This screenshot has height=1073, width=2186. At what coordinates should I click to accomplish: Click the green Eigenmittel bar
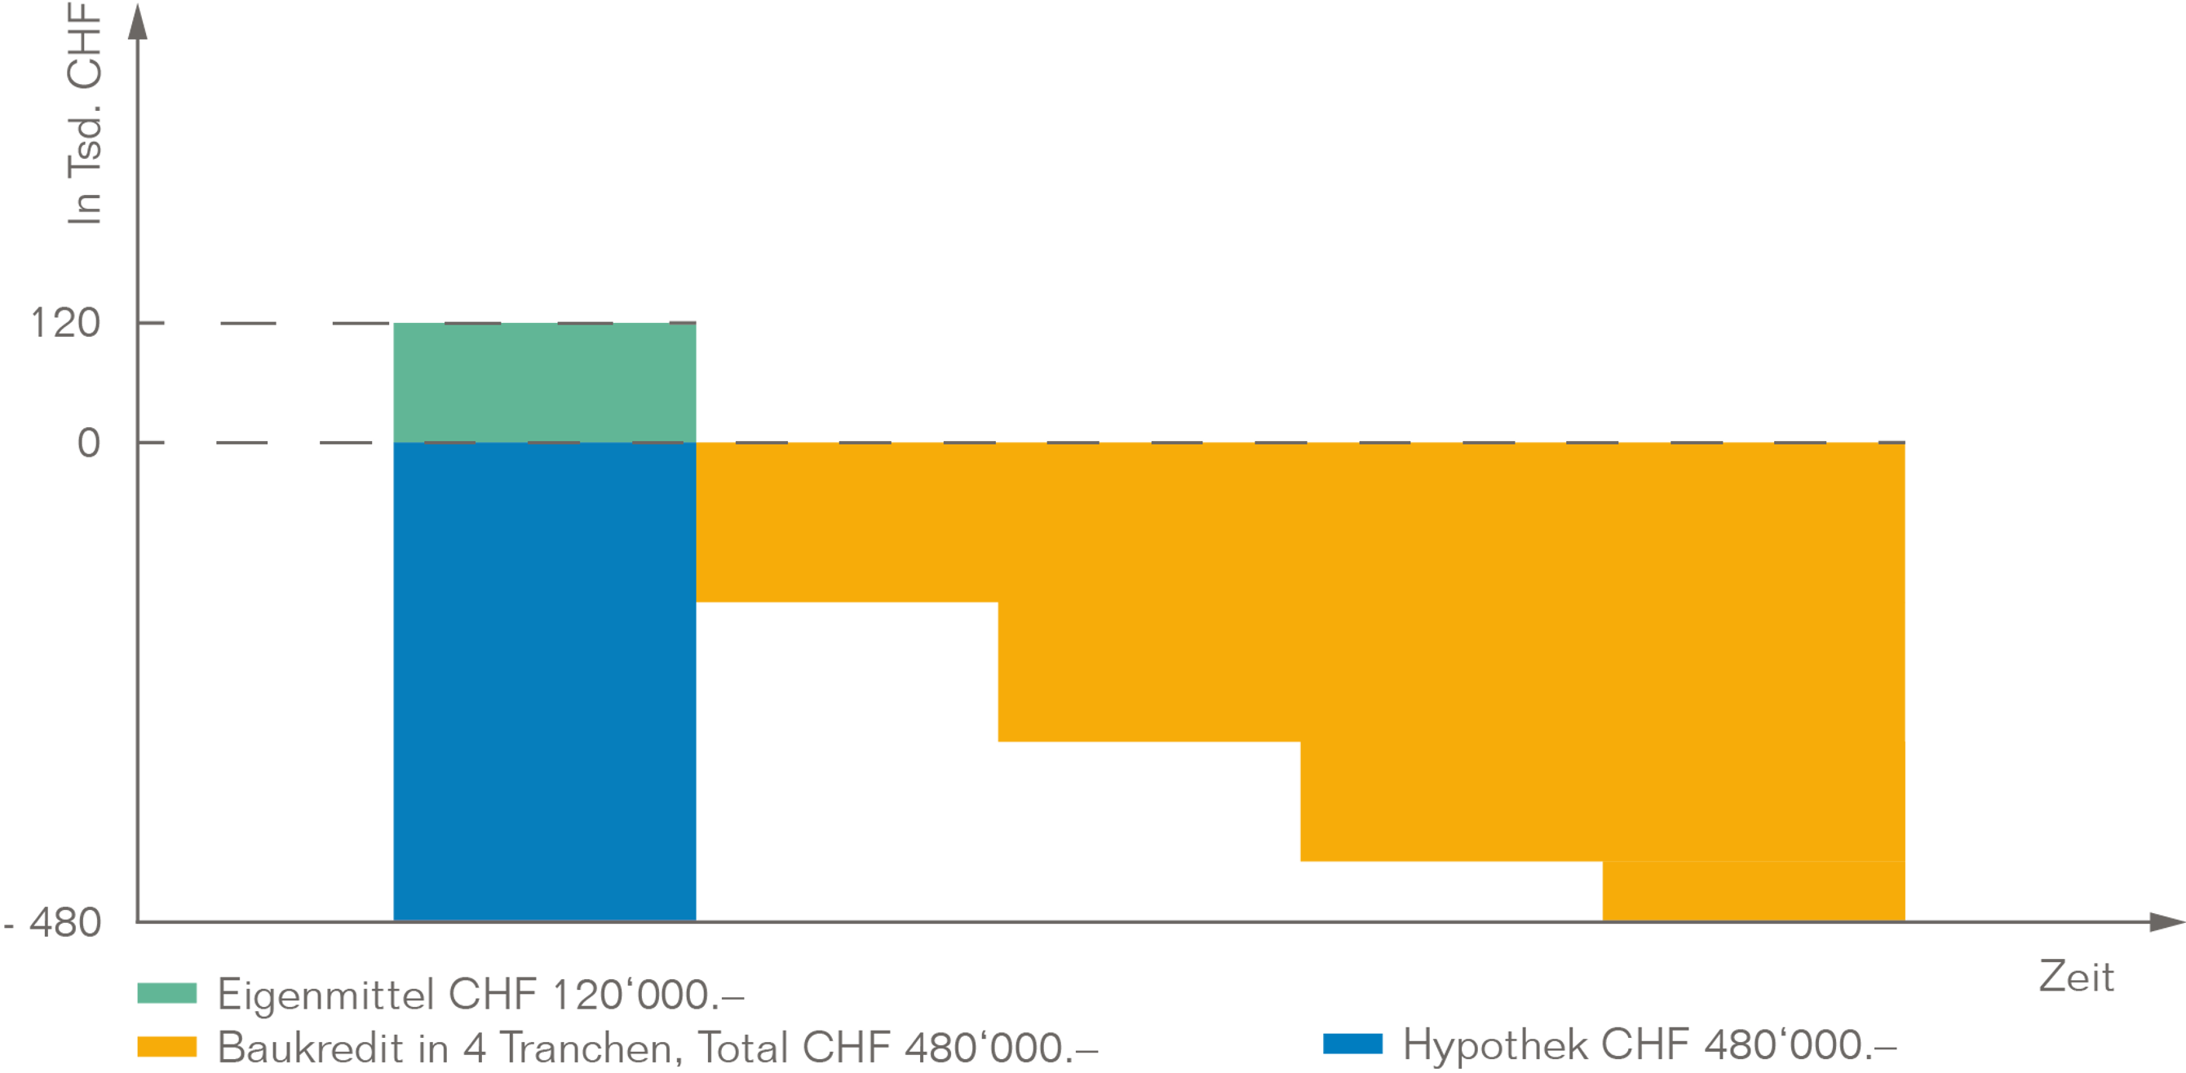point(544,382)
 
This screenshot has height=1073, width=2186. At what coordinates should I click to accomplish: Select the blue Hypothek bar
point(544,678)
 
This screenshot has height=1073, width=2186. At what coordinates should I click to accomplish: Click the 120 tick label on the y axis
point(65,323)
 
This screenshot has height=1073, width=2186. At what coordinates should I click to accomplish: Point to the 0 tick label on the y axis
point(88,443)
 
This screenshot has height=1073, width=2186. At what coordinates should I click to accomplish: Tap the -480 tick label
point(53,922)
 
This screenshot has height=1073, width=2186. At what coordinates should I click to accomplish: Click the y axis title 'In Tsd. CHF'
point(84,114)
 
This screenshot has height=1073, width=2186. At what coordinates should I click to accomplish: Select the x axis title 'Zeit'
point(2076,978)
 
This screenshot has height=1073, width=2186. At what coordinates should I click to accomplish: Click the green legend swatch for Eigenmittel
point(167,993)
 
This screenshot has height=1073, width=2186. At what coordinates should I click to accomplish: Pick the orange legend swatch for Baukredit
point(167,1047)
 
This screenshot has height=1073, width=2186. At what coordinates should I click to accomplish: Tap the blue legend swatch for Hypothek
point(1352,1044)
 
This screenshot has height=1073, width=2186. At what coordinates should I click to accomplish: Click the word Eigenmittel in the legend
point(327,994)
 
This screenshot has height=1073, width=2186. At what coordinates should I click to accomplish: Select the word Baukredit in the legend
point(310,1049)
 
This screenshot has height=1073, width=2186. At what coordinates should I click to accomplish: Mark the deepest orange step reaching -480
point(1753,890)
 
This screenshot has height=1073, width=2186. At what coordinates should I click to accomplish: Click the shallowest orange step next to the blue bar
point(846,522)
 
